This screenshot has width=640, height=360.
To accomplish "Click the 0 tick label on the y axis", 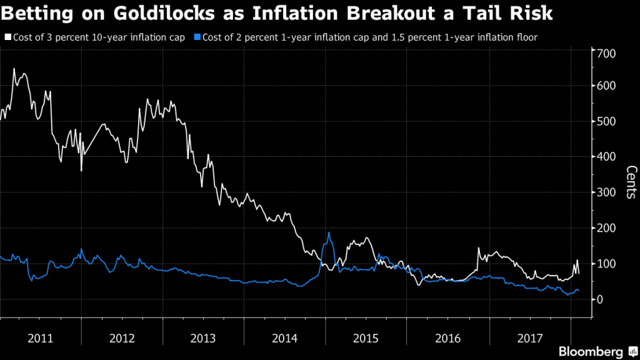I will [601, 299].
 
